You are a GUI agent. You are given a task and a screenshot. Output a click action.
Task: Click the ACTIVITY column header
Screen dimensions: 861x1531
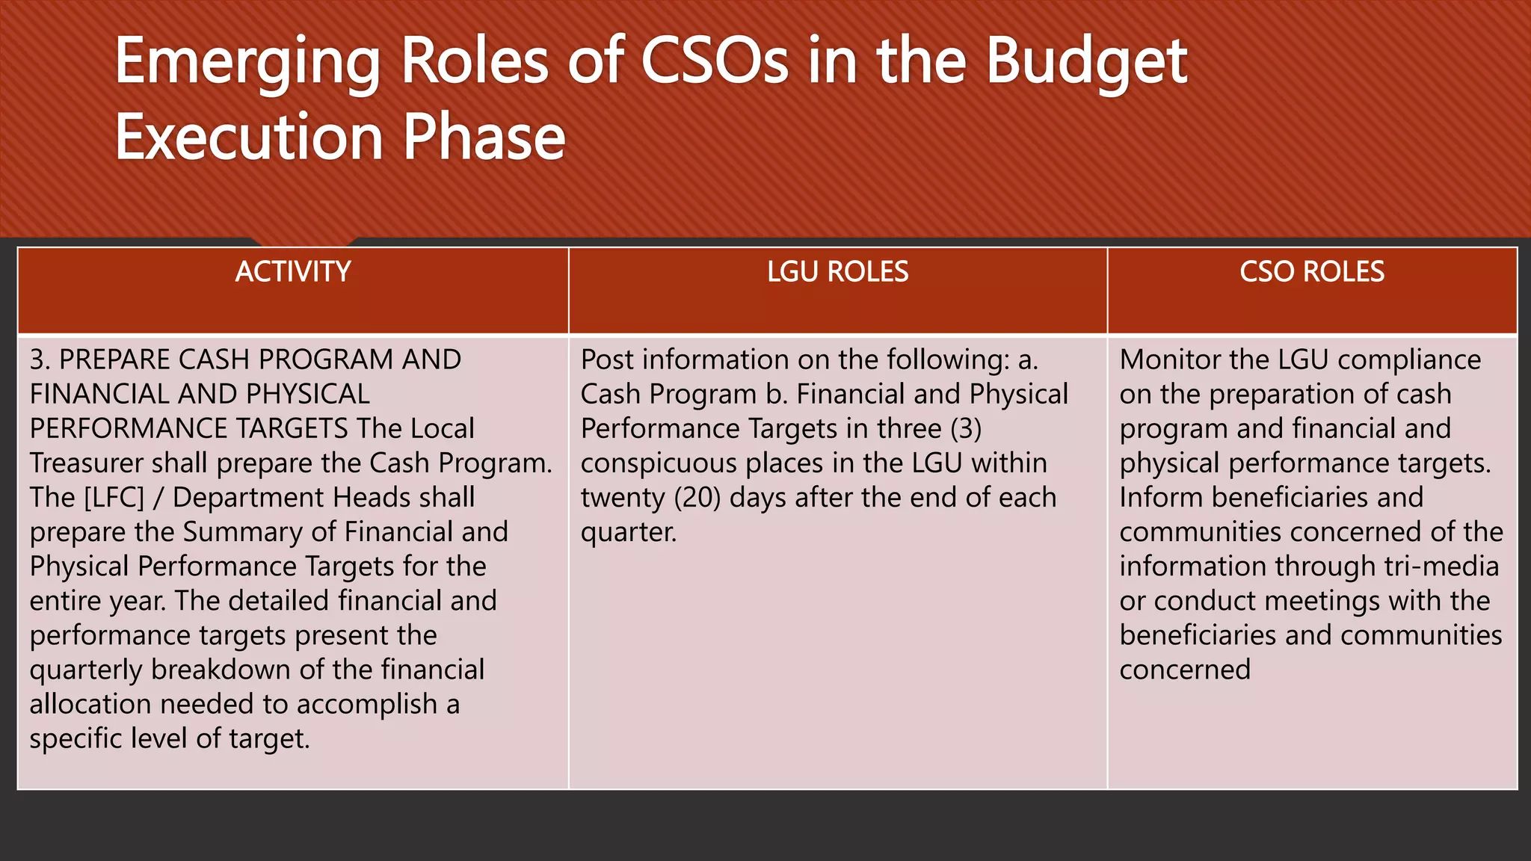tap(293, 271)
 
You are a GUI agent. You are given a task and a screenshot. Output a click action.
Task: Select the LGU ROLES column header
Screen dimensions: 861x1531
tap(837, 271)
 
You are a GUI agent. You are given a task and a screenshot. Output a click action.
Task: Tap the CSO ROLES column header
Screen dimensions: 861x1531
tap(1312, 271)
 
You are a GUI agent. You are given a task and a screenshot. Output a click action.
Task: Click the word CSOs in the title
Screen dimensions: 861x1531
tap(714, 61)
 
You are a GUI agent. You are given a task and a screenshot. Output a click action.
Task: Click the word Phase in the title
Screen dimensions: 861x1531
tap(484, 138)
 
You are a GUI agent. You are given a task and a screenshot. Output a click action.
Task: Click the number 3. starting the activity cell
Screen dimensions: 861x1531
tap(40, 359)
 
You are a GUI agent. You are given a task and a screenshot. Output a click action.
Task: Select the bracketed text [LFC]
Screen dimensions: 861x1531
tap(114, 498)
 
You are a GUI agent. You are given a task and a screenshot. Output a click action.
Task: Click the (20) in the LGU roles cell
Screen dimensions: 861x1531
tap(697, 498)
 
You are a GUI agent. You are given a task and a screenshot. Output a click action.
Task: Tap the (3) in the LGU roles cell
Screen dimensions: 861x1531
tap(966, 429)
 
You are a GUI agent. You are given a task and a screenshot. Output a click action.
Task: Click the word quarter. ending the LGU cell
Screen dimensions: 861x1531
tap(629, 532)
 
